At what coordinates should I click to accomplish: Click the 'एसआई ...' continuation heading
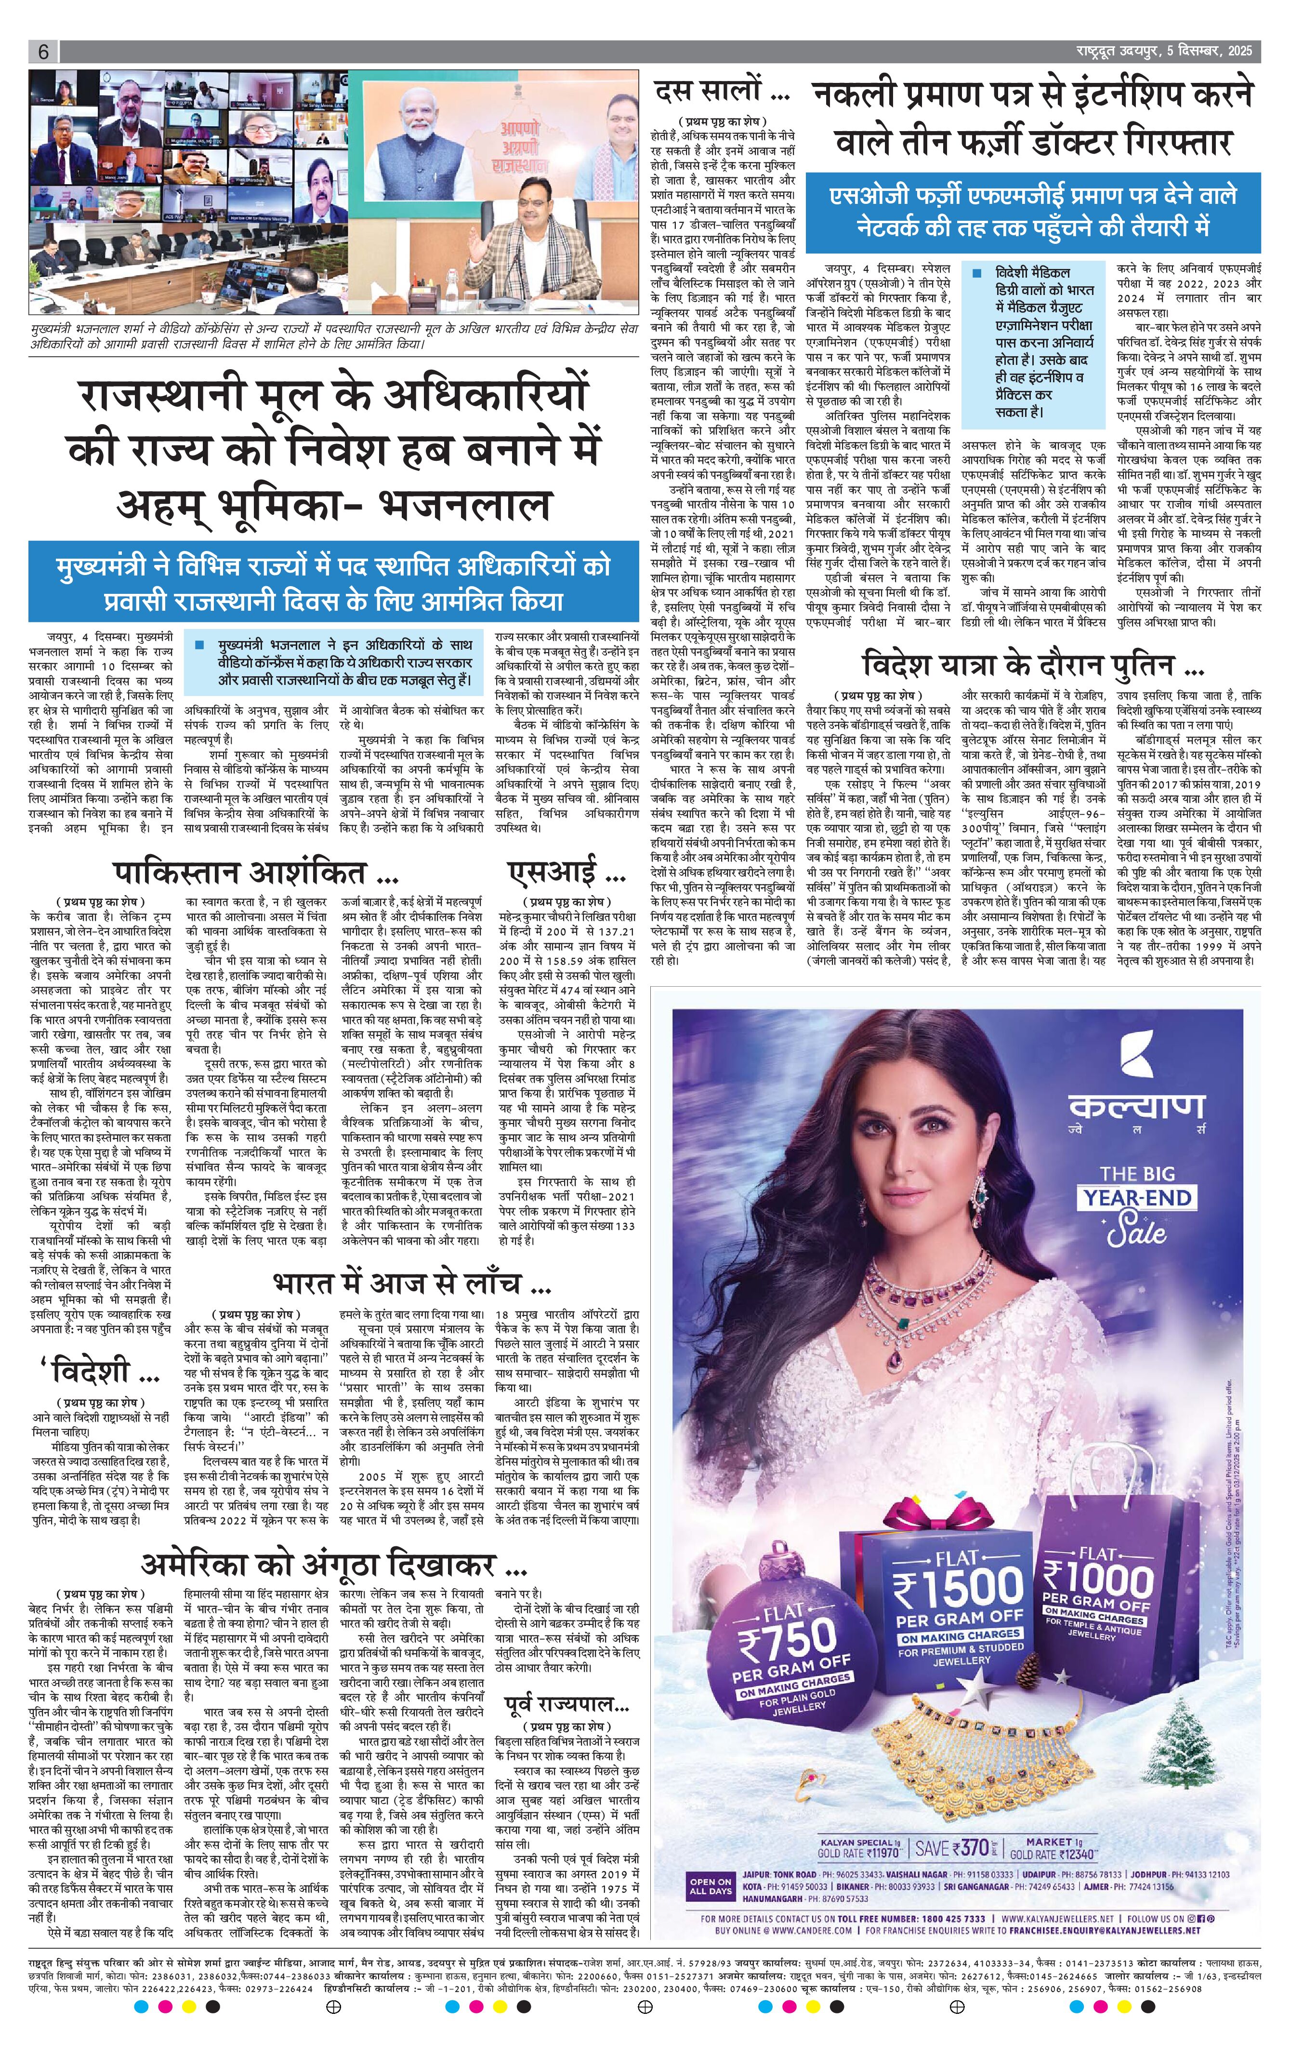tap(566, 872)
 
